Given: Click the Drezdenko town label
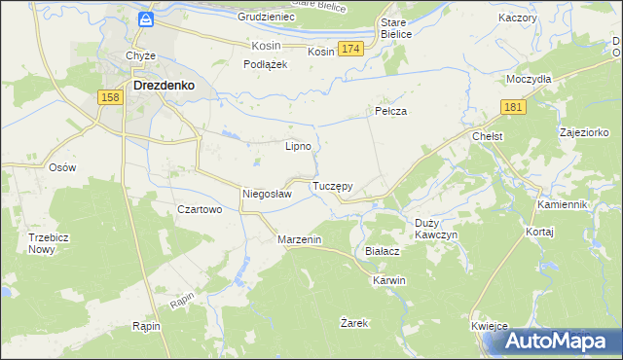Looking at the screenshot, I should tap(163, 85).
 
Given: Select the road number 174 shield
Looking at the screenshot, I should tap(351, 49).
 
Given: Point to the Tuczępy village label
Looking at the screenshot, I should tap(332, 185).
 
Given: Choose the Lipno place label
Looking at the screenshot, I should tap(297, 147).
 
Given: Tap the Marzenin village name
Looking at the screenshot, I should tap(300, 239).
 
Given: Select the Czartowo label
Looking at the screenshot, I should tap(200, 209).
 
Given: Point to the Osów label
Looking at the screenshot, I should tap(62, 166).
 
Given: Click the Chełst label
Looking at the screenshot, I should tap(487, 137).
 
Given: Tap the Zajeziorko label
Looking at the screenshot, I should tap(584, 131).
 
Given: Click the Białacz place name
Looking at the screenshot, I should tap(383, 250).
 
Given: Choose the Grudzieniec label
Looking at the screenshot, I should tap(265, 18).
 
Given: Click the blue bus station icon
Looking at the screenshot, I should tap(145, 19).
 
